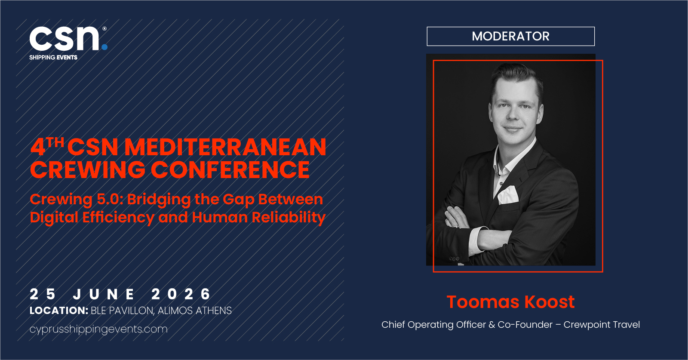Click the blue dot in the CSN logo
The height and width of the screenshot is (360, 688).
point(104,47)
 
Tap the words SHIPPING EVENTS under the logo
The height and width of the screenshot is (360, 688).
point(53,58)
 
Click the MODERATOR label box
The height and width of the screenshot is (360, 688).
point(510,36)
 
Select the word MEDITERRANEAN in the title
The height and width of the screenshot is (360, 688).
point(225,147)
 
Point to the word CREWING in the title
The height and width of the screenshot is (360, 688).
point(88,169)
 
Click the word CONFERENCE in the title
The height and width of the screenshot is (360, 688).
point(230,169)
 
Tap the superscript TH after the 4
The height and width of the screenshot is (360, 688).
point(55,142)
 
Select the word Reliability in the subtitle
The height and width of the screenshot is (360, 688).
point(289,218)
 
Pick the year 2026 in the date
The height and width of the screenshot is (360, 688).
point(181,294)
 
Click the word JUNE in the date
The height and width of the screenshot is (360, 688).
point(104,294)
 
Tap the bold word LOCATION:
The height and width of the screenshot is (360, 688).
point(59,311)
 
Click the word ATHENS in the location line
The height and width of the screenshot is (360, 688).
point(214,311)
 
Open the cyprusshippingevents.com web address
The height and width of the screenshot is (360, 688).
point(98,329)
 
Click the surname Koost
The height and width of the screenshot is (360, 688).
point(550,302)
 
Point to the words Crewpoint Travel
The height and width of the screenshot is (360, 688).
point(602,325)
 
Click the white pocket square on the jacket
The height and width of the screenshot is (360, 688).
point(508,195)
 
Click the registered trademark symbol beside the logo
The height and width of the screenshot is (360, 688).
point(104,28)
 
